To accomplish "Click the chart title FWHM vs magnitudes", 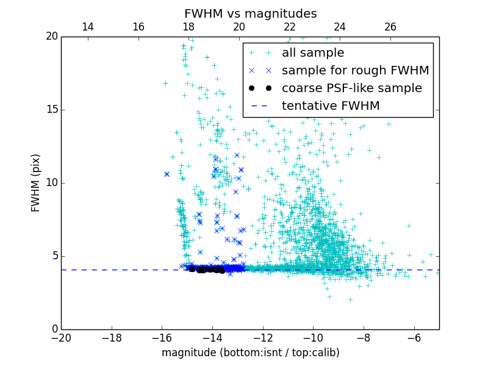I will (x=250, y=13).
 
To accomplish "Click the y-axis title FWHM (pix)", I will (x=36, y=183).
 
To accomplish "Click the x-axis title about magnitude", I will (x=250, y=353).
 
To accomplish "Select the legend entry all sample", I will (x=313, y=53).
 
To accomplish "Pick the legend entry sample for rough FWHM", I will (x=355, y=71).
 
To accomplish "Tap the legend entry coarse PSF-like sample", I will (x=351, y=88).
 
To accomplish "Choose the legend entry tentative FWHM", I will (x=330, y=106).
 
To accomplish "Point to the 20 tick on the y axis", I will (x=51, y=37).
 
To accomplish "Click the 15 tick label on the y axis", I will (x=51, y=110).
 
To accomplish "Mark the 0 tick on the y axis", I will (x=54, y=329).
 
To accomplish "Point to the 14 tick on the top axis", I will (x=87, y=27).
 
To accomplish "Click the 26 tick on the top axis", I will (x=390, y=27).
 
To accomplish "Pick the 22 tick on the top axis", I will (x=289, y=27).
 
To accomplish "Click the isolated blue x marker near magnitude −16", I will (x=167, y=174).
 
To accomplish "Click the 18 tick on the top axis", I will (x=188, y=27).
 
